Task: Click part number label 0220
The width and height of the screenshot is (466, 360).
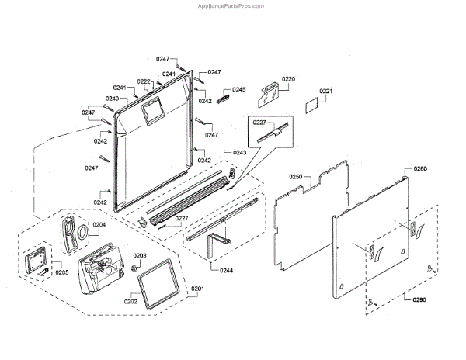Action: click(x=289, y=79)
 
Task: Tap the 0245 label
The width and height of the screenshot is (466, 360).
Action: click(x=238, y=90)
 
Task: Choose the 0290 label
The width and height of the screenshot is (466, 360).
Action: click(x=419, y=299)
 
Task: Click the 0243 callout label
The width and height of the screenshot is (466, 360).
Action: click(x=239, y=153)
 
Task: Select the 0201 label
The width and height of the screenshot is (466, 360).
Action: click(x=198, y=289)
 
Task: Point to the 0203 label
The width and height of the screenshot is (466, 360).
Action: click(x=140, y=255)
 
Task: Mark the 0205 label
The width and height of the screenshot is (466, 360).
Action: click(x=61, y=272)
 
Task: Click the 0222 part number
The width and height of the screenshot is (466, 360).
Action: click(x=144, y=81)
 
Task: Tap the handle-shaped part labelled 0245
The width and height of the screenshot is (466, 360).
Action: click(x=224, y=96)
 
